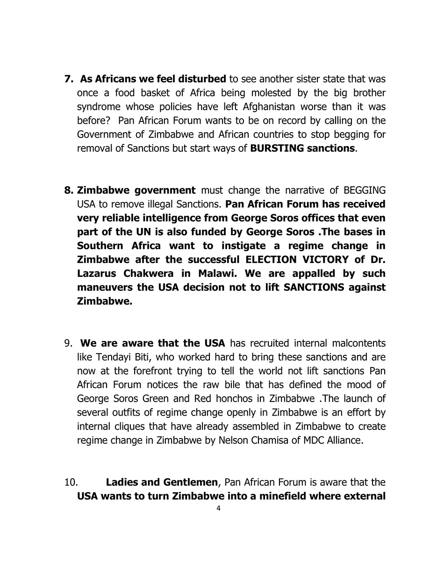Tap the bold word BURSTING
[277, 148]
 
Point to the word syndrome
[97, 107]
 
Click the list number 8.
[68, 190]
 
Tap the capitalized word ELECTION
[269, 259]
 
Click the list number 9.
[68, 343]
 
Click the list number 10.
[71, 482]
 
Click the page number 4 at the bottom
[218, 508]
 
